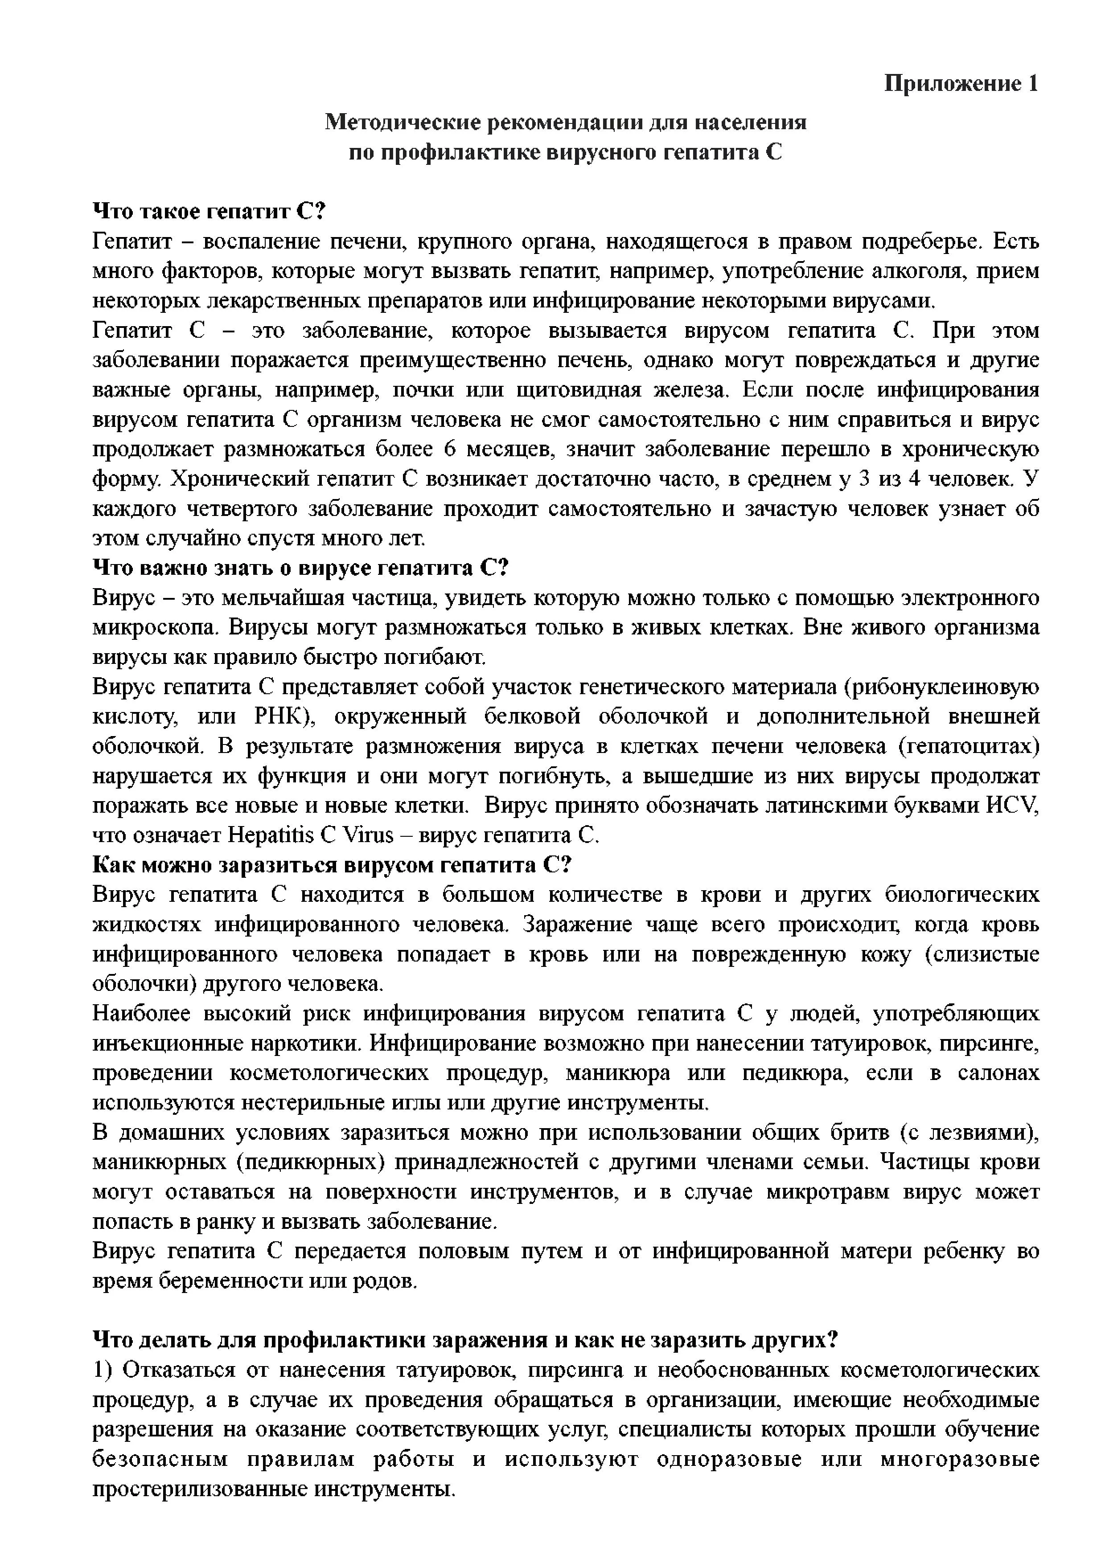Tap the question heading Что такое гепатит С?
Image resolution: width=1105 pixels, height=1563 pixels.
click(x=209, y=212)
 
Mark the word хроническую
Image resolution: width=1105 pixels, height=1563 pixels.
click(x=970, y=449)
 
